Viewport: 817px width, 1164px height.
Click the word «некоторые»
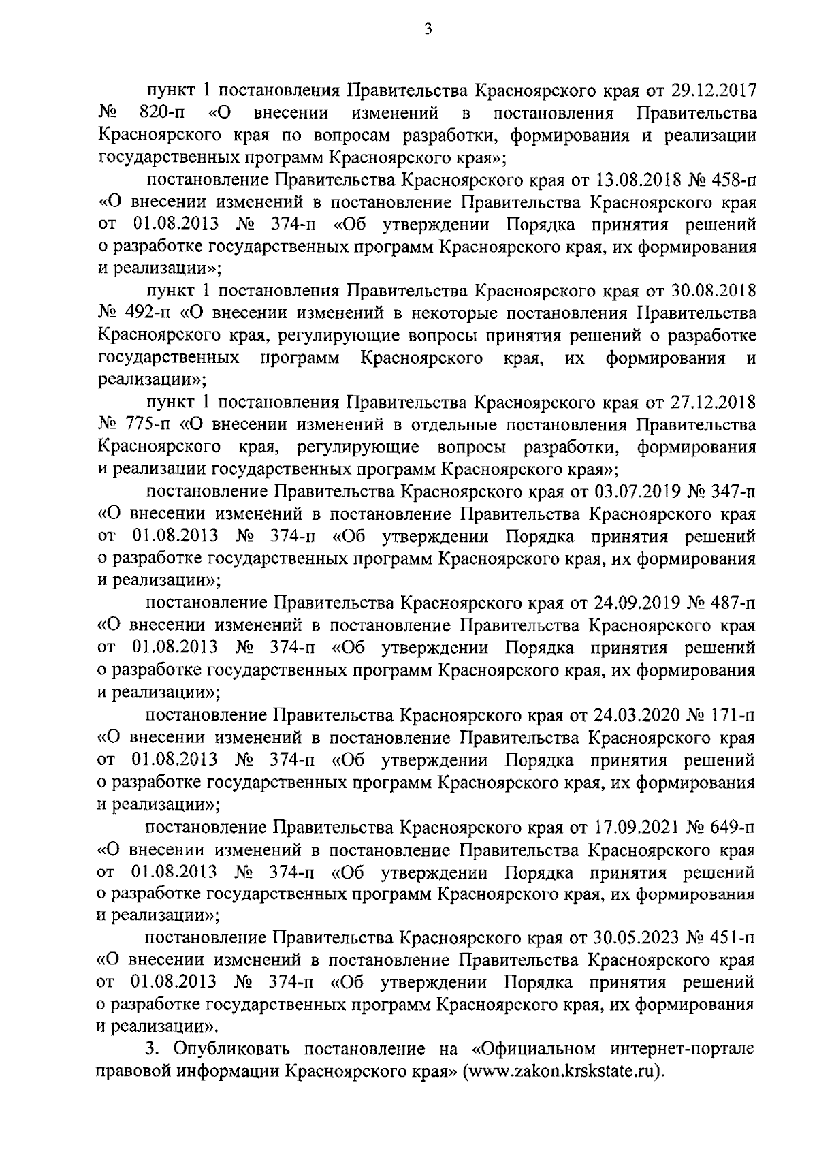pos(466,314)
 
